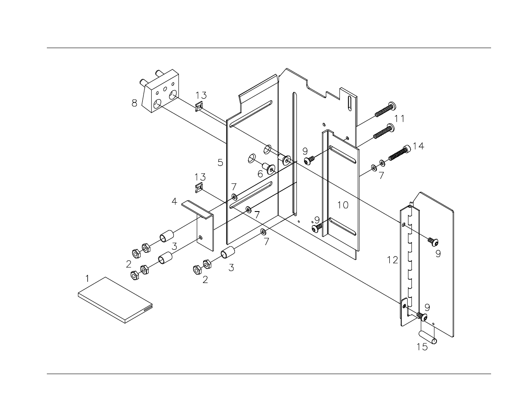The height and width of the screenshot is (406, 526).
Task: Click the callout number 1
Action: coord(87,279)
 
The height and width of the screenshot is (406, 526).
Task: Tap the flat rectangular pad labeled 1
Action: coord(115,300)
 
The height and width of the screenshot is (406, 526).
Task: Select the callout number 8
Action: coord(134,103)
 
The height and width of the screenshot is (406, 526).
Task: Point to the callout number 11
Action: coord(399,118)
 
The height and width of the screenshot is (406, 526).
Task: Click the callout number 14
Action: coord(418,146)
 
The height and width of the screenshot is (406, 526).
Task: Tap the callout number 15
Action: coord(422,347)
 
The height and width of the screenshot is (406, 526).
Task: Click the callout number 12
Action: coord(392,260)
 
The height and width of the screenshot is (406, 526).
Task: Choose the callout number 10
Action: coord(343,205)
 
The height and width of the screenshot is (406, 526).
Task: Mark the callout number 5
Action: coord(220,162)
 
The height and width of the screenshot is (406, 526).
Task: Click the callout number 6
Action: coord(260,173)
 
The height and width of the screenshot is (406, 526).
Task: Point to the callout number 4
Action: coord(174,201)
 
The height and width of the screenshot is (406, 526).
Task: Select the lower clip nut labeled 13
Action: coord(198,187)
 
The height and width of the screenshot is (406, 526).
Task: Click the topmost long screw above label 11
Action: coord(385,109)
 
